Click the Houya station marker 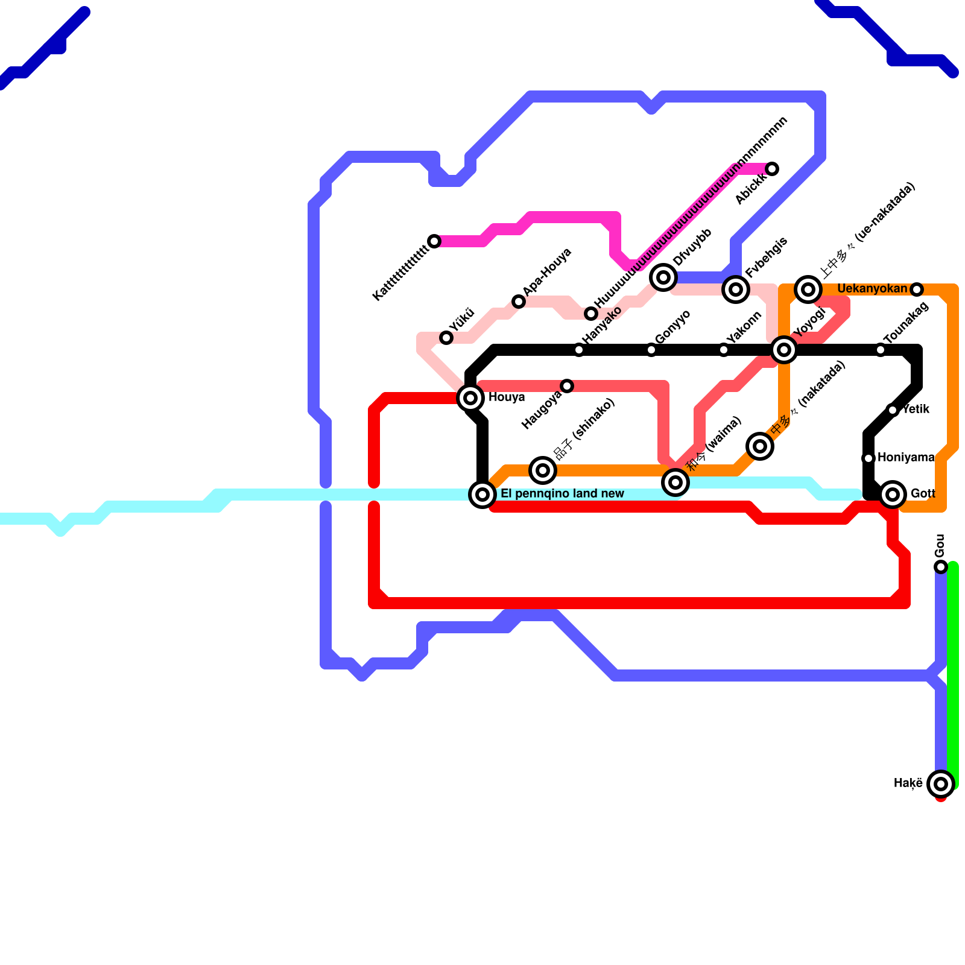pyautogui.click(x=470, y=398)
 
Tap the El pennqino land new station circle pyautogui.click(x=482, y=495)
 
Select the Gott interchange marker pyautogui.click(x=893, y=495)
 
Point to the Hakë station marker pyautogui.click(x=941, y=784)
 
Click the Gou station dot pyautogui.click(x=941, y=567)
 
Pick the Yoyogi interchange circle pyautogui.click(x=784, y=350)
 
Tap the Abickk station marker pyautogui.click(x=772, y=169)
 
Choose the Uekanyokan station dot pyautogui.click(x=917, y=289)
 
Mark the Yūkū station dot pyautogui.click(x=446, y=338)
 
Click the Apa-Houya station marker pyautogui.click(x=519, y=302)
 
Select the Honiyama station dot pyautogui.click(x=868, y=458)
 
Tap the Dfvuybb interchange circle pyautogui.click(x=663, y=277)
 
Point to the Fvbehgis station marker pyautogui.click(x=736, y=289)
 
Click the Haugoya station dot pyautogui.click(x=567, y=386)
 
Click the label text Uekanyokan pyautogui.click(x=872, y=289)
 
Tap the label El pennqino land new pyautogui.click(x=562, y=494)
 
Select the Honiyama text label pyautogui.click(x=906, y=458)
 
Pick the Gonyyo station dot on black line pyautogui.click(x=651, y=350)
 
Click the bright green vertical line pyautogui.click(x=953, y=675)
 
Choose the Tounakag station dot pyautogui.click(x=881, y=350)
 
